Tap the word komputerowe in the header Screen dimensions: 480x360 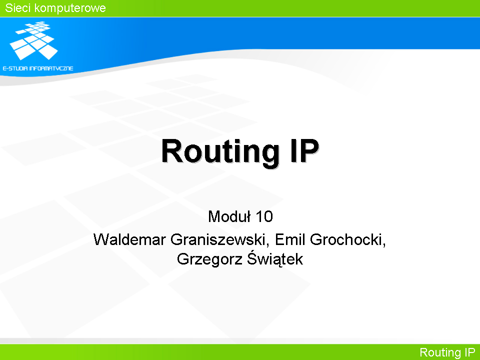(70, 8)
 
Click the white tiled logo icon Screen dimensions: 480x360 (33, 40)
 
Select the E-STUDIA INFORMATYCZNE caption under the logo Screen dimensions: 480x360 (38, 68)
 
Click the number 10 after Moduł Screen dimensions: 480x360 (264, 216)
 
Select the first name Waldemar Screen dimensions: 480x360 (129, 239)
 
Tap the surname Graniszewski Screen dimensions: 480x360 (217, 239)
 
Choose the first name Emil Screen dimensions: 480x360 (290, 239)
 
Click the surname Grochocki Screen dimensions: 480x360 (346, 239)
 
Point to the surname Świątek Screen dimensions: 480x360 (275, 258)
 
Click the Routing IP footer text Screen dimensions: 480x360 (447, 352)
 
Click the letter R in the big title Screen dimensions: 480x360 (172, 150)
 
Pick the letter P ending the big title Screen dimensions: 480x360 (308, 150)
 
